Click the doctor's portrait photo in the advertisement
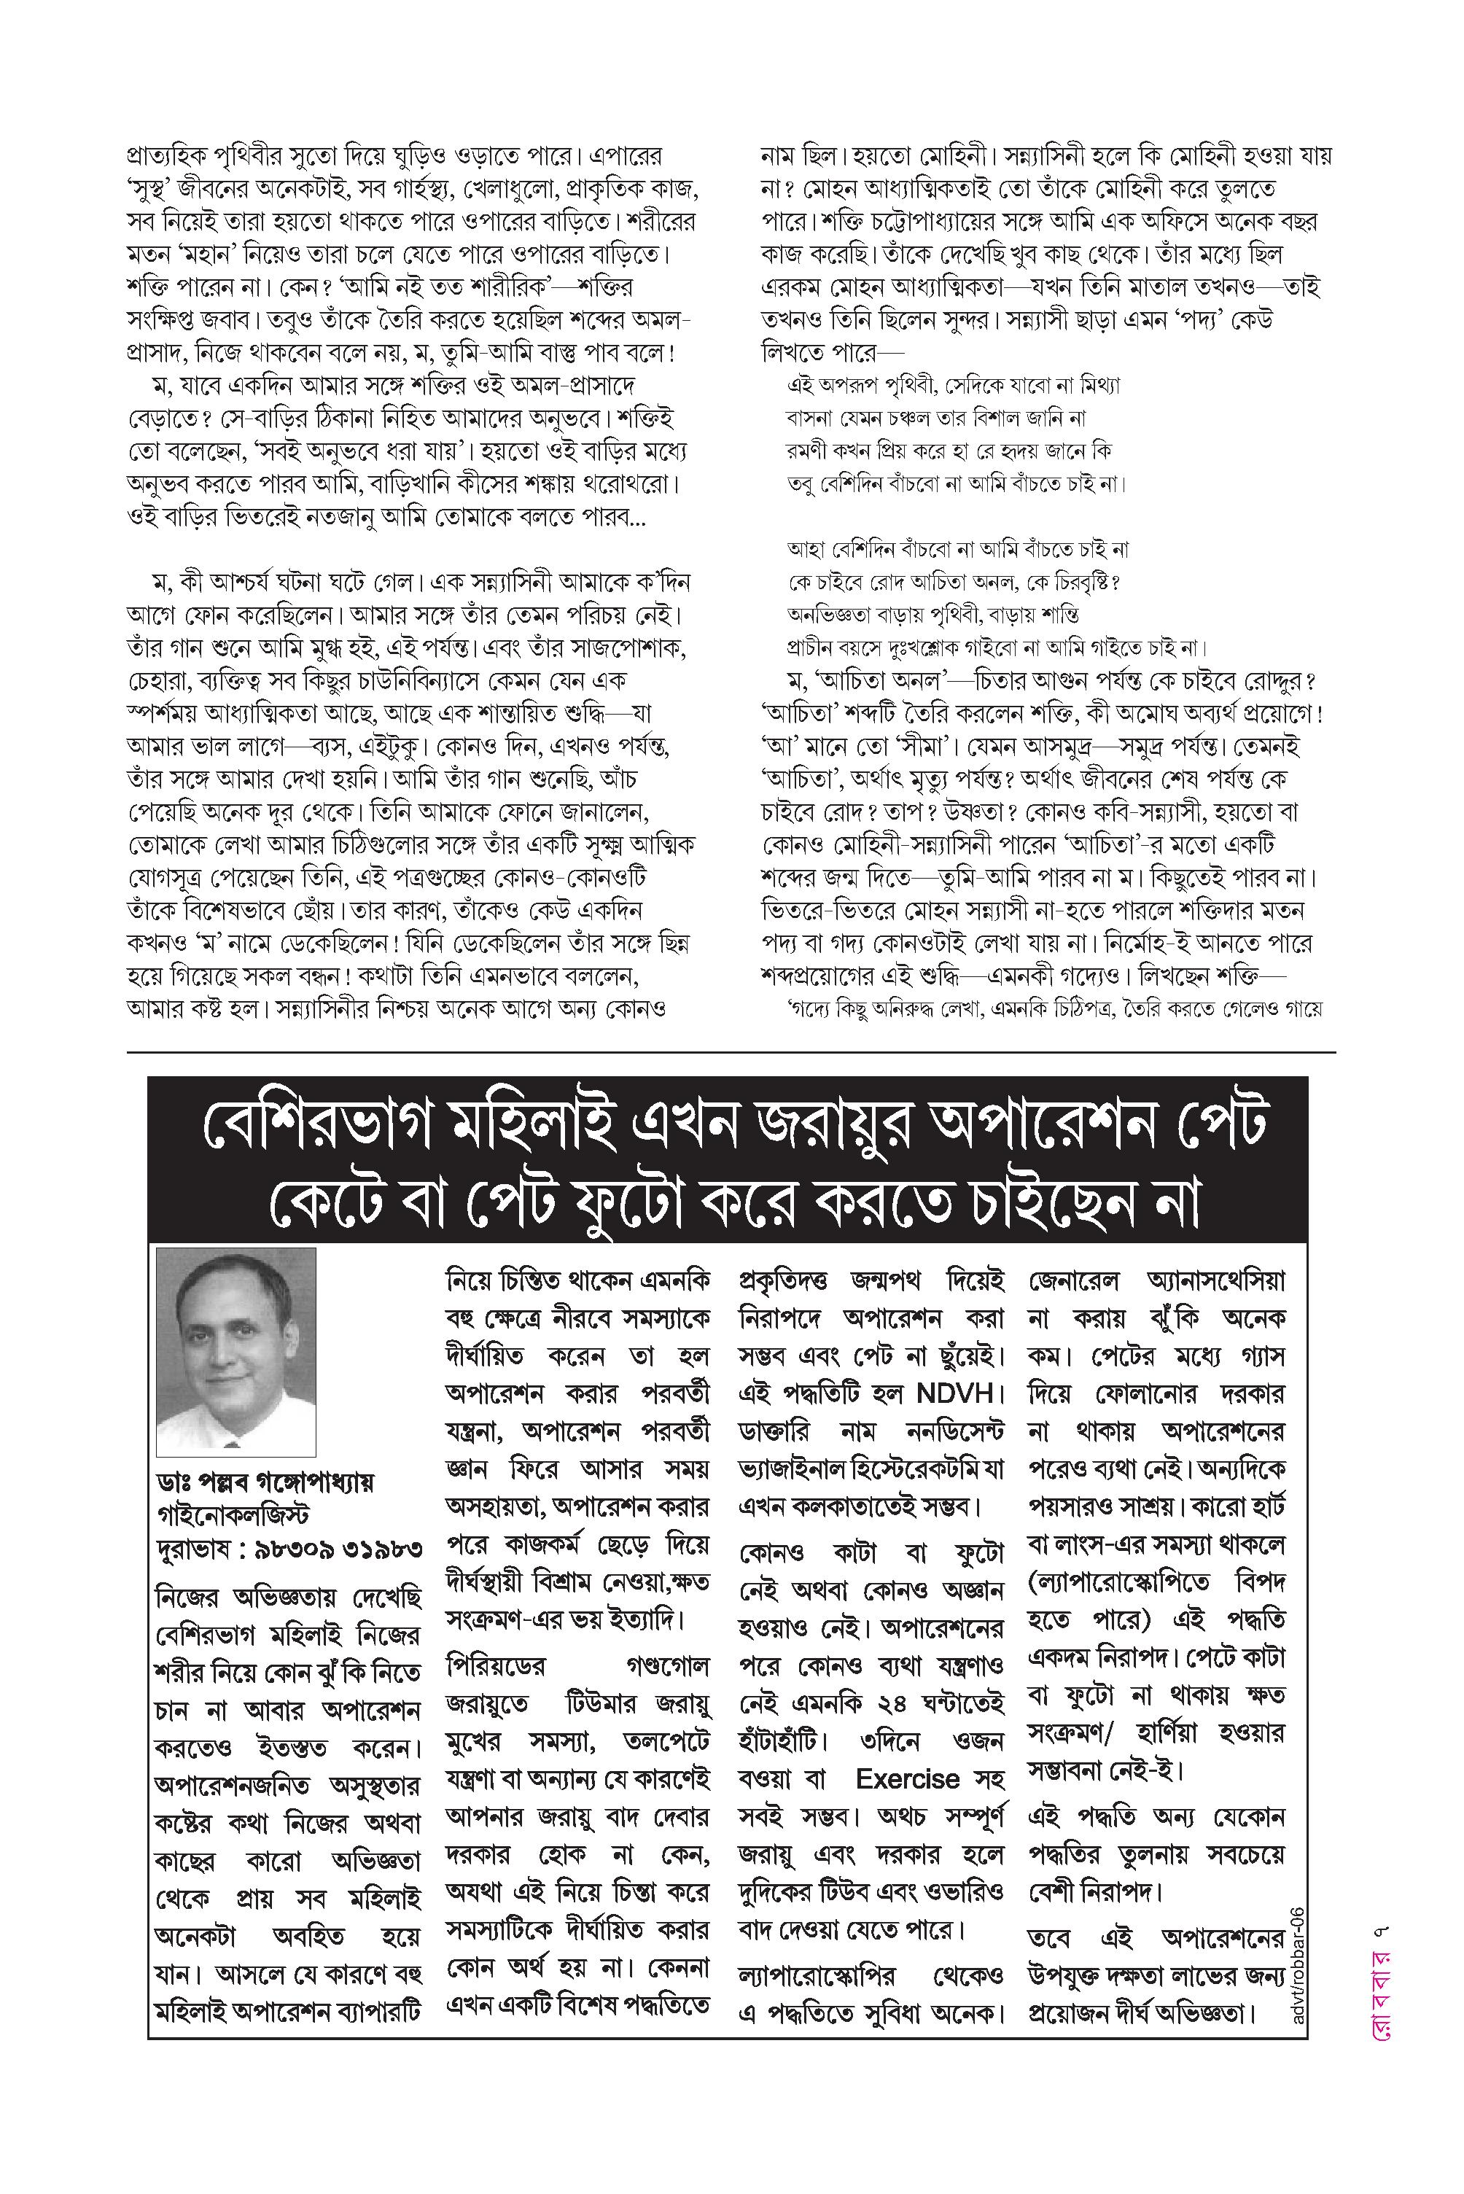(236, 1351)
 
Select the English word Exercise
(906, 1779)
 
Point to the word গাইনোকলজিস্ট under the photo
(233, 1514)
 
